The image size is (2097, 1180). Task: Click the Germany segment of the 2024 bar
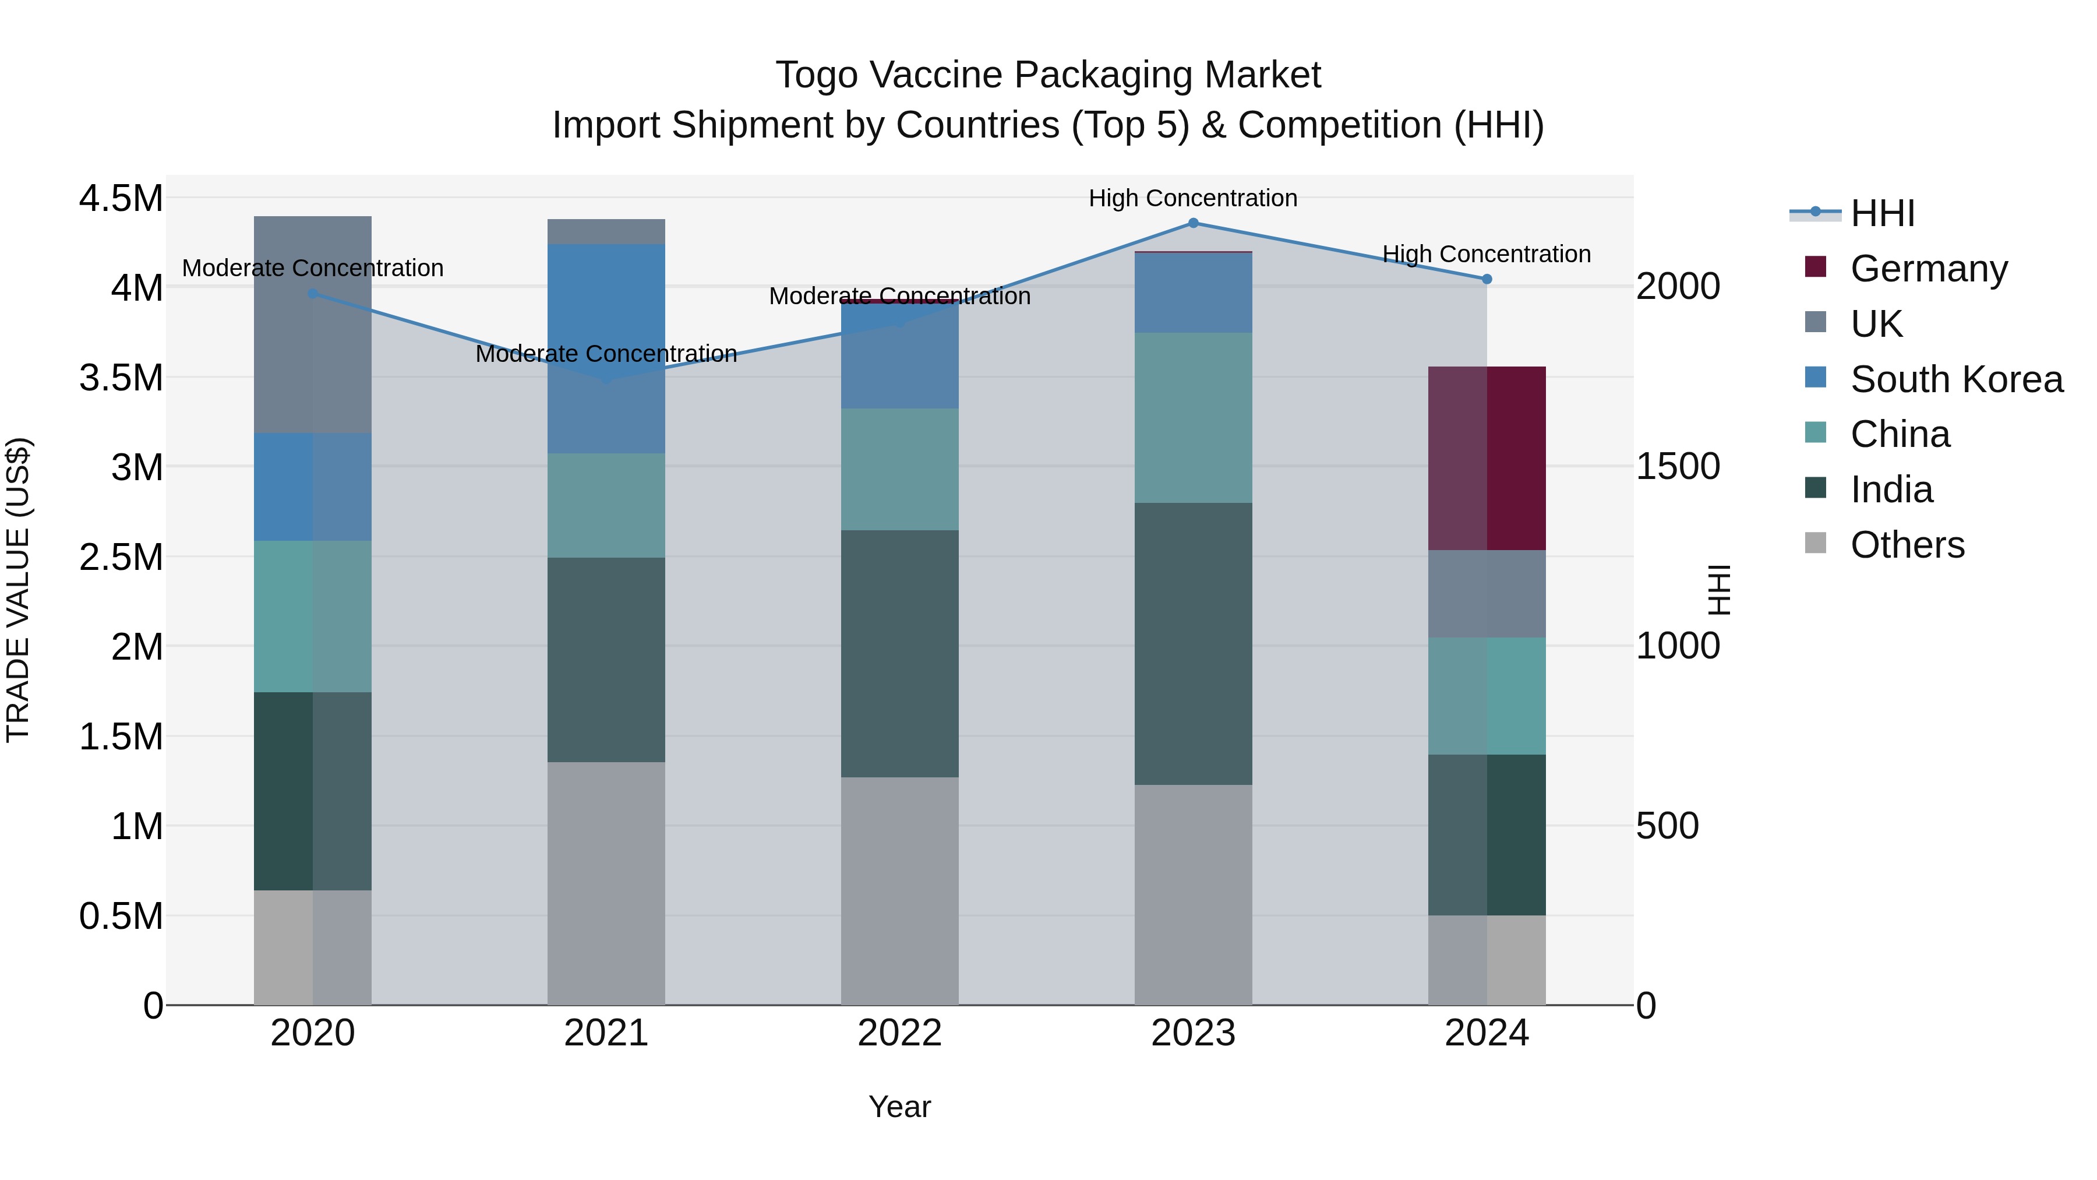[x=1487, y=459]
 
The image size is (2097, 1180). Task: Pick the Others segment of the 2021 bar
[x=606, y=883]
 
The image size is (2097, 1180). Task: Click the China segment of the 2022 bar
[x=899, y=469]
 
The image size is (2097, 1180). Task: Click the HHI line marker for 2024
[x=1487, y=279]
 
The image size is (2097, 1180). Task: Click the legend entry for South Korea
[x=1955, y=379]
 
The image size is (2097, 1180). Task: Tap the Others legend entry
[x=1907, y=545]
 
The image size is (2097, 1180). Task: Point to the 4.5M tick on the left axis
[x=121, y=199]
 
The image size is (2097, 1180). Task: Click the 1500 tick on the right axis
[x=1678, y=467]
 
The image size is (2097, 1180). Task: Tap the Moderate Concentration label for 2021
[x=606, y=354]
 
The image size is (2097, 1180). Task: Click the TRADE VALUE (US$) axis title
[x=18, y=590]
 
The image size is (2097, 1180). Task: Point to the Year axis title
[x=899, y=1107]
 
